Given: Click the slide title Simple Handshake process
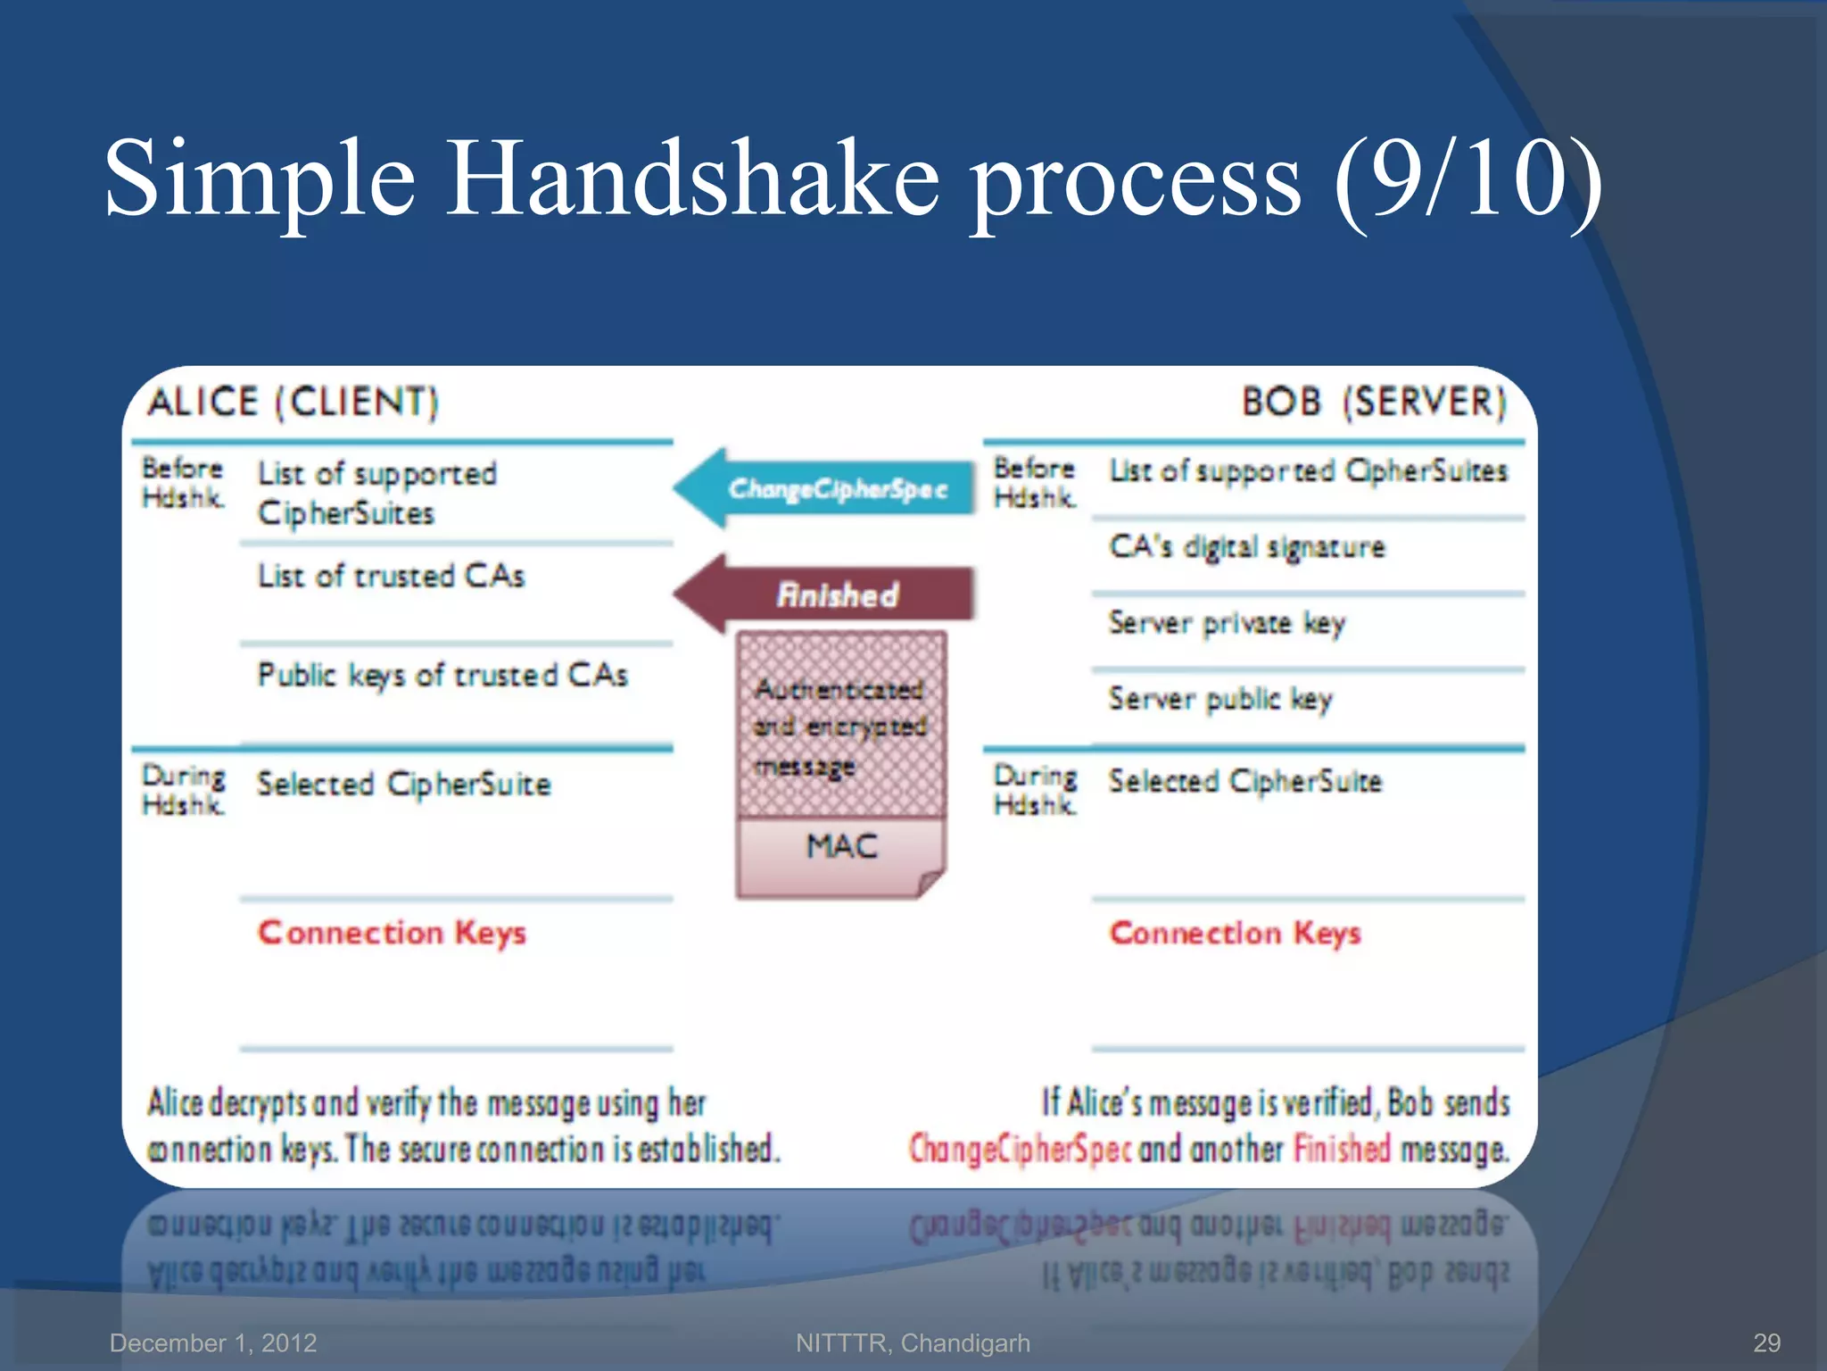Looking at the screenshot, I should point(852,179).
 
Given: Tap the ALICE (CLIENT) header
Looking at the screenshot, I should point(293,402).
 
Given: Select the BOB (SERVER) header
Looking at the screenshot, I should point(1374,402).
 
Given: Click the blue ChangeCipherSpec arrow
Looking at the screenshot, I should point(825,488).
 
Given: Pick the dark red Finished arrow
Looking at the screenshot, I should point(825,594).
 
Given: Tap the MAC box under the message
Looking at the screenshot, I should point(841,846).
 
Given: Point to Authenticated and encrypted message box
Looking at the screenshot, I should point(840,725).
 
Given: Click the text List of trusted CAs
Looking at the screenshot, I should point(391,577).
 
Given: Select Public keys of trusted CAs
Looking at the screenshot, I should point(442,675).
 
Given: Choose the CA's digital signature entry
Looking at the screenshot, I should point(1246,546).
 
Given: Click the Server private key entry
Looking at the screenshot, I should point(1227,622).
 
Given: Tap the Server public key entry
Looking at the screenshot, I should point(1220,698).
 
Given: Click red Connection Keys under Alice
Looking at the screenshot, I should point(392,933).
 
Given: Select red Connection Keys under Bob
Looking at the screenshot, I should point(1235,933).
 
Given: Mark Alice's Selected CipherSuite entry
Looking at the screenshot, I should point(404,784).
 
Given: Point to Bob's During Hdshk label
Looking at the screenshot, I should point(1035,790).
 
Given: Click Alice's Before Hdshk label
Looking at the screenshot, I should point(183,482).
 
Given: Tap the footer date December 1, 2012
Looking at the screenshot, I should point(213,1342).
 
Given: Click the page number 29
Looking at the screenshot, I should point(1766,1342).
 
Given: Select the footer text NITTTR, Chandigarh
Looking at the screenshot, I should point(913,1342).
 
